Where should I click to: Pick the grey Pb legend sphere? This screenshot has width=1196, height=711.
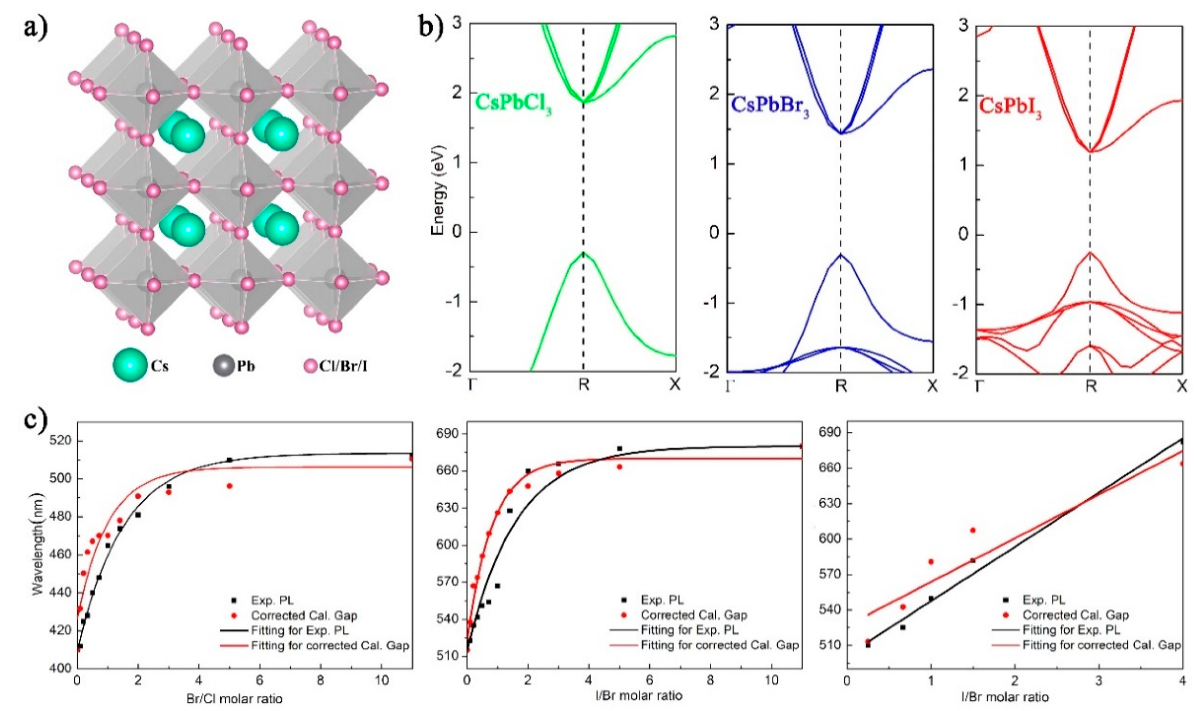click(x=223, y=366)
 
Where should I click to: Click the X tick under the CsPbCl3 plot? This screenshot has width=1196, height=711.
click(x=675, y=384)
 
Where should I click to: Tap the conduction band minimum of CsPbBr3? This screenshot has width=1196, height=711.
click(x=841, y=133)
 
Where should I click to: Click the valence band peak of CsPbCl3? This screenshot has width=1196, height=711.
click(x=583, y=253)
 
